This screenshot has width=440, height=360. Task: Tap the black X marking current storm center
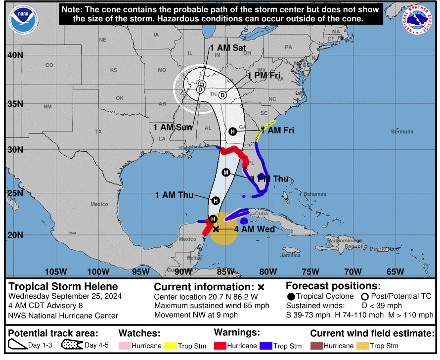point(216,229)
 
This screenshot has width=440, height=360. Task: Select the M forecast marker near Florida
point(226,172)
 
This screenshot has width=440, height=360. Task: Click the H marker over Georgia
point(233,132)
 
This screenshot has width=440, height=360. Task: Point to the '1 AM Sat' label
point(228,48)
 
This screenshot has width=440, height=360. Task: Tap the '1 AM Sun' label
point(173,127)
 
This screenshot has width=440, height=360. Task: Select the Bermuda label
point(401,132)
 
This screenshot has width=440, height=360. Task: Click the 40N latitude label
point(15,55)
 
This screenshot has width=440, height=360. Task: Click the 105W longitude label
point(56,271)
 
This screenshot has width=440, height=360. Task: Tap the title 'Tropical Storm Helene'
point(63,286)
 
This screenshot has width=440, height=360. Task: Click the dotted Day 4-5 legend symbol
point(72,345)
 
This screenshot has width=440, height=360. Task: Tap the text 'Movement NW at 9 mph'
point(196,315)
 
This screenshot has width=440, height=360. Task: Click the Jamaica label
point(290,256)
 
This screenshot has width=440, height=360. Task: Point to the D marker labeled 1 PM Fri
point(222,95)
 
